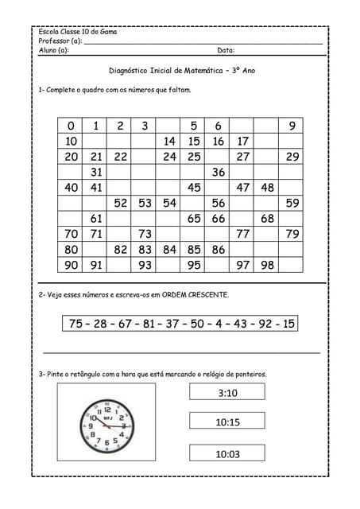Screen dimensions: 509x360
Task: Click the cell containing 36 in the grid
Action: [219, 172]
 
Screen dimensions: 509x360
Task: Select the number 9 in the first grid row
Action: [292, 126]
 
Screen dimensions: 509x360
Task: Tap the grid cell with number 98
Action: [268, 265]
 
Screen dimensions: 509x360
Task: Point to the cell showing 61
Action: [96, 218]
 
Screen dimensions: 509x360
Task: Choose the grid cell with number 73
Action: [145, 234]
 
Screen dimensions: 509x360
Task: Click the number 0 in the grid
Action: [71, 126]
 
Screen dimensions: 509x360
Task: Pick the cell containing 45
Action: [194, 188]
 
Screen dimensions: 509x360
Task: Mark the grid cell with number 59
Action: [292, 203]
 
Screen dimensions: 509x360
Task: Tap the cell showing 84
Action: [169, 250]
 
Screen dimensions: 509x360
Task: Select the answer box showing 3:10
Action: [227, 392]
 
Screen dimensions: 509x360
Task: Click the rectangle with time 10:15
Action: [227, 422]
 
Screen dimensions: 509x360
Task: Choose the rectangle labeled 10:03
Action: [227, 454]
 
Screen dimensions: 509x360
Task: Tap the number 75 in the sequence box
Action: [76, 324]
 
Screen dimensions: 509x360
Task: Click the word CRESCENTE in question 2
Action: [207, 295]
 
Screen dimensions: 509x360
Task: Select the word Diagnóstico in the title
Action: [130, 70]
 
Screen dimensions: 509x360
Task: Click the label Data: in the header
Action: [226, 50]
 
